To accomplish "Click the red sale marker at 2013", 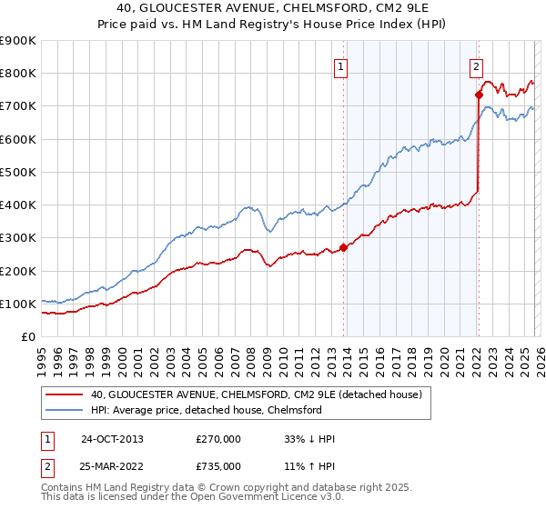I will point(343,247).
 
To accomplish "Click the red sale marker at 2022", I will point(479,95).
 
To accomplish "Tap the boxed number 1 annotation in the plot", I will point(339,65).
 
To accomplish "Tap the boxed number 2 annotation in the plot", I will point(476,65).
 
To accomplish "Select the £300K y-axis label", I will point(18,238).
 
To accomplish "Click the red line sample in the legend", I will point(65,395).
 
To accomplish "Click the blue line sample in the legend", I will point(65,411).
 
